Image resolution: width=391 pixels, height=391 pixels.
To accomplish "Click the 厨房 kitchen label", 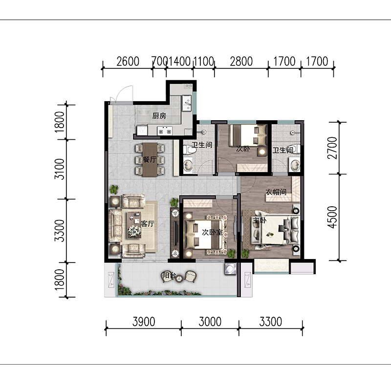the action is [x=159, y=116].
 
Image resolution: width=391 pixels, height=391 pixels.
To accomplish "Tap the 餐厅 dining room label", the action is [x=150, y=160].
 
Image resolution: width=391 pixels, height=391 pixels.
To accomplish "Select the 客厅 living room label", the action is [x=148, y=224].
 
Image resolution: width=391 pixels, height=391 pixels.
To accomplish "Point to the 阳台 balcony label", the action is [x=169, y=275].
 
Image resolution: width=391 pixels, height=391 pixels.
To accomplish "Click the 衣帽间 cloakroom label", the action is [x=276, y=192].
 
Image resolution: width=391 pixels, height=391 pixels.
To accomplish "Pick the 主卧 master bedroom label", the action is [x=260, y=220].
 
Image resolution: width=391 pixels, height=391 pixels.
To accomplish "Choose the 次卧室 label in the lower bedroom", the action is [x=212, y=233].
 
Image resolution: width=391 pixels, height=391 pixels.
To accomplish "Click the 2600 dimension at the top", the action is [x=128, y=62].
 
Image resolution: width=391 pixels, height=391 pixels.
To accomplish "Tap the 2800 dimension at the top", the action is [x=241, y=62].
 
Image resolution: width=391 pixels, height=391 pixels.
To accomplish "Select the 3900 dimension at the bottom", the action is [x=144, y=322].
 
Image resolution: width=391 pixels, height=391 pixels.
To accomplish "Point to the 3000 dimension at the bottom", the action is [x=210, y=322].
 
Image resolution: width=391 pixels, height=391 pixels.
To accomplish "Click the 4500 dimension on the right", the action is [x=332, y=217].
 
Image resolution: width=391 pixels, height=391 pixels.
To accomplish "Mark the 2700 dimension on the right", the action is [x=332, y=148].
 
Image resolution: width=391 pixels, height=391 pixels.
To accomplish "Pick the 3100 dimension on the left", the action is [x=59, y=169].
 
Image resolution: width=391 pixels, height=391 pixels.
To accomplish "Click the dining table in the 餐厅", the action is [x=150, y=160].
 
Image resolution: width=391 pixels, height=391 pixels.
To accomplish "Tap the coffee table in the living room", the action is [x=134, y=225].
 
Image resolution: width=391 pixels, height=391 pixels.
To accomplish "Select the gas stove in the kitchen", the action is [x=165, y=130].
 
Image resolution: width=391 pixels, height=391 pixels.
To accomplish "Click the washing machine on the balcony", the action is [x=230, y=269].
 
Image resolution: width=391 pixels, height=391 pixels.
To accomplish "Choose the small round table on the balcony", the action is [x=179, y=278].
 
